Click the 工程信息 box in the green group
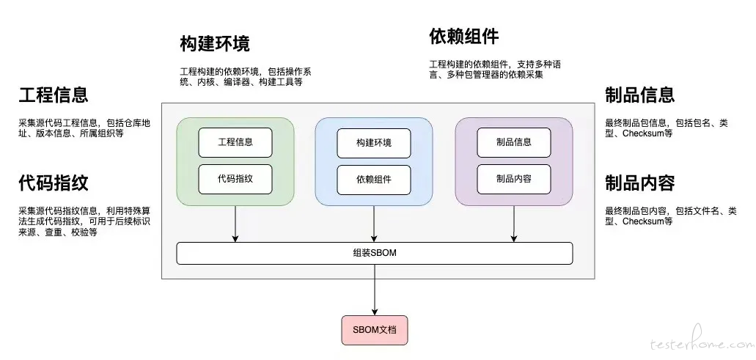point(235,142)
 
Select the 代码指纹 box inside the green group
point(235,180)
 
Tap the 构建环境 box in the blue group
point(374,143)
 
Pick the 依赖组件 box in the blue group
point(374,180)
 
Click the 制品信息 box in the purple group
point(514,142)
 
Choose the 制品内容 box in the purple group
point(514,180)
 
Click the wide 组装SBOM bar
point(375,254)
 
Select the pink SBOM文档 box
point(375,330)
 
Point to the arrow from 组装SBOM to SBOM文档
point(375,290)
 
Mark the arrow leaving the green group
point(235,224)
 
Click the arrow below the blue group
point(374,224)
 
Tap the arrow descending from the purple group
point(514,224)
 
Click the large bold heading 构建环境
point(215,44)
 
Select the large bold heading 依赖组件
point(464,36)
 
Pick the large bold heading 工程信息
point(54,95)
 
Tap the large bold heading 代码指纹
point(54,183)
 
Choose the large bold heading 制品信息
point(640,95)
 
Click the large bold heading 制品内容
point(640,183)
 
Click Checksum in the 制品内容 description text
point(642,221)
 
